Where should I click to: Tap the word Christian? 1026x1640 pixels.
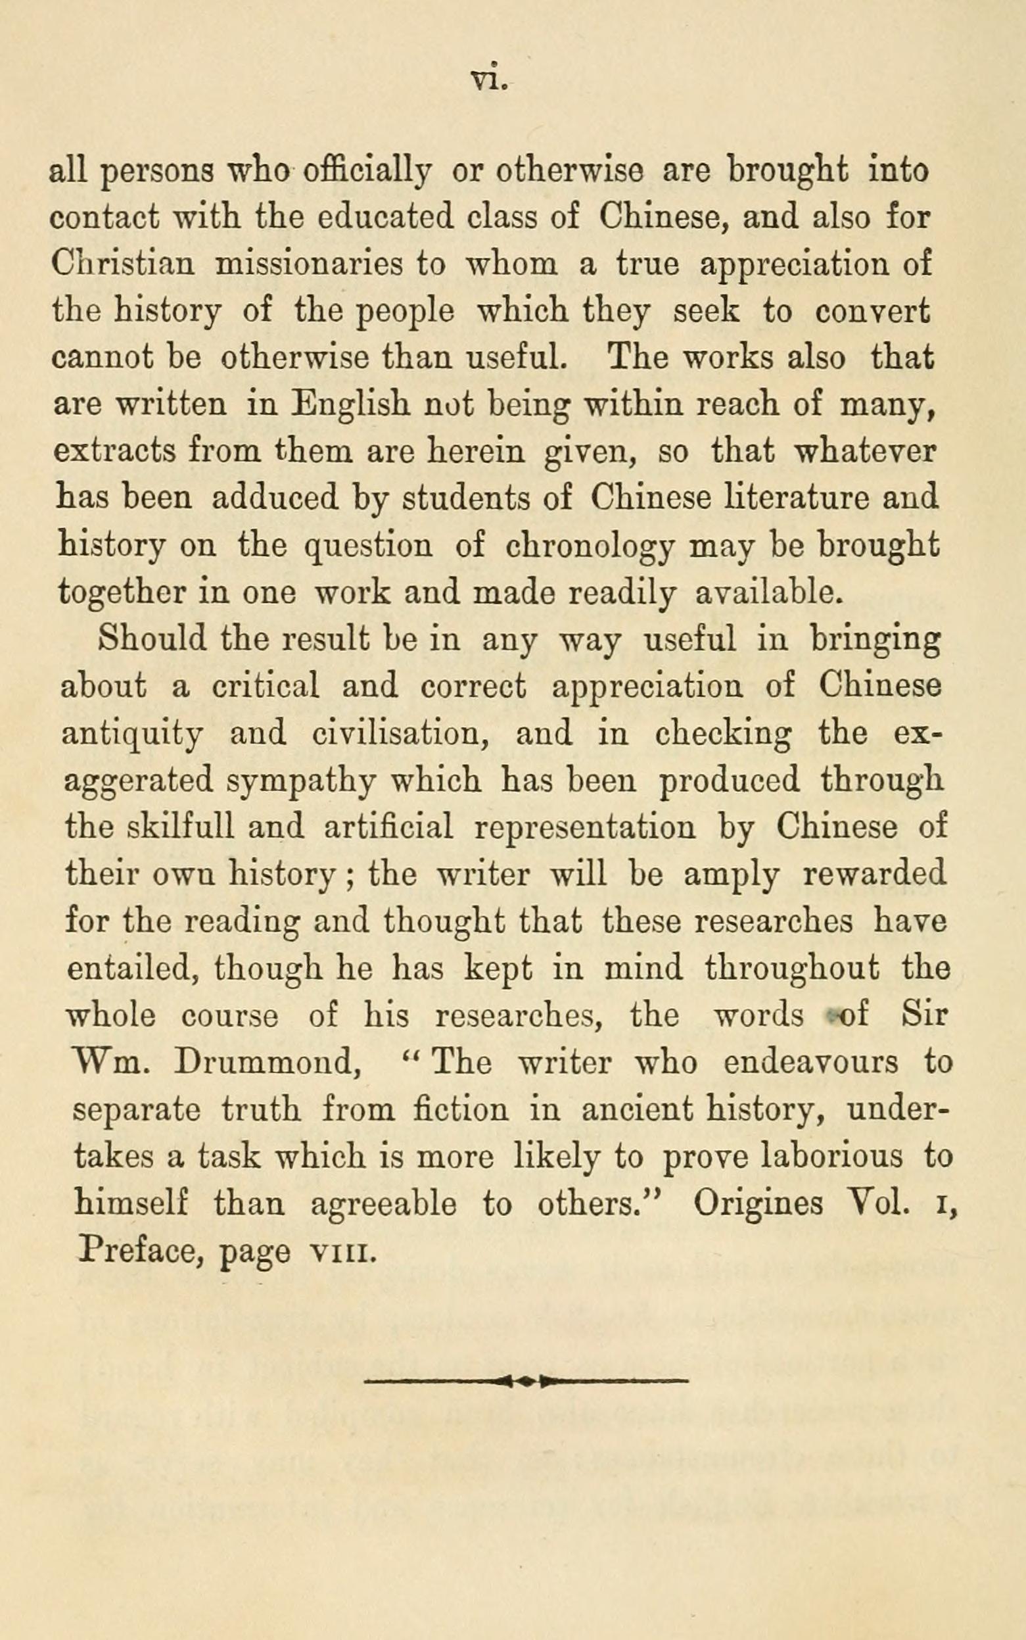pos(124,264)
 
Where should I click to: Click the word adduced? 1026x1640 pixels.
pos(275,498)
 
